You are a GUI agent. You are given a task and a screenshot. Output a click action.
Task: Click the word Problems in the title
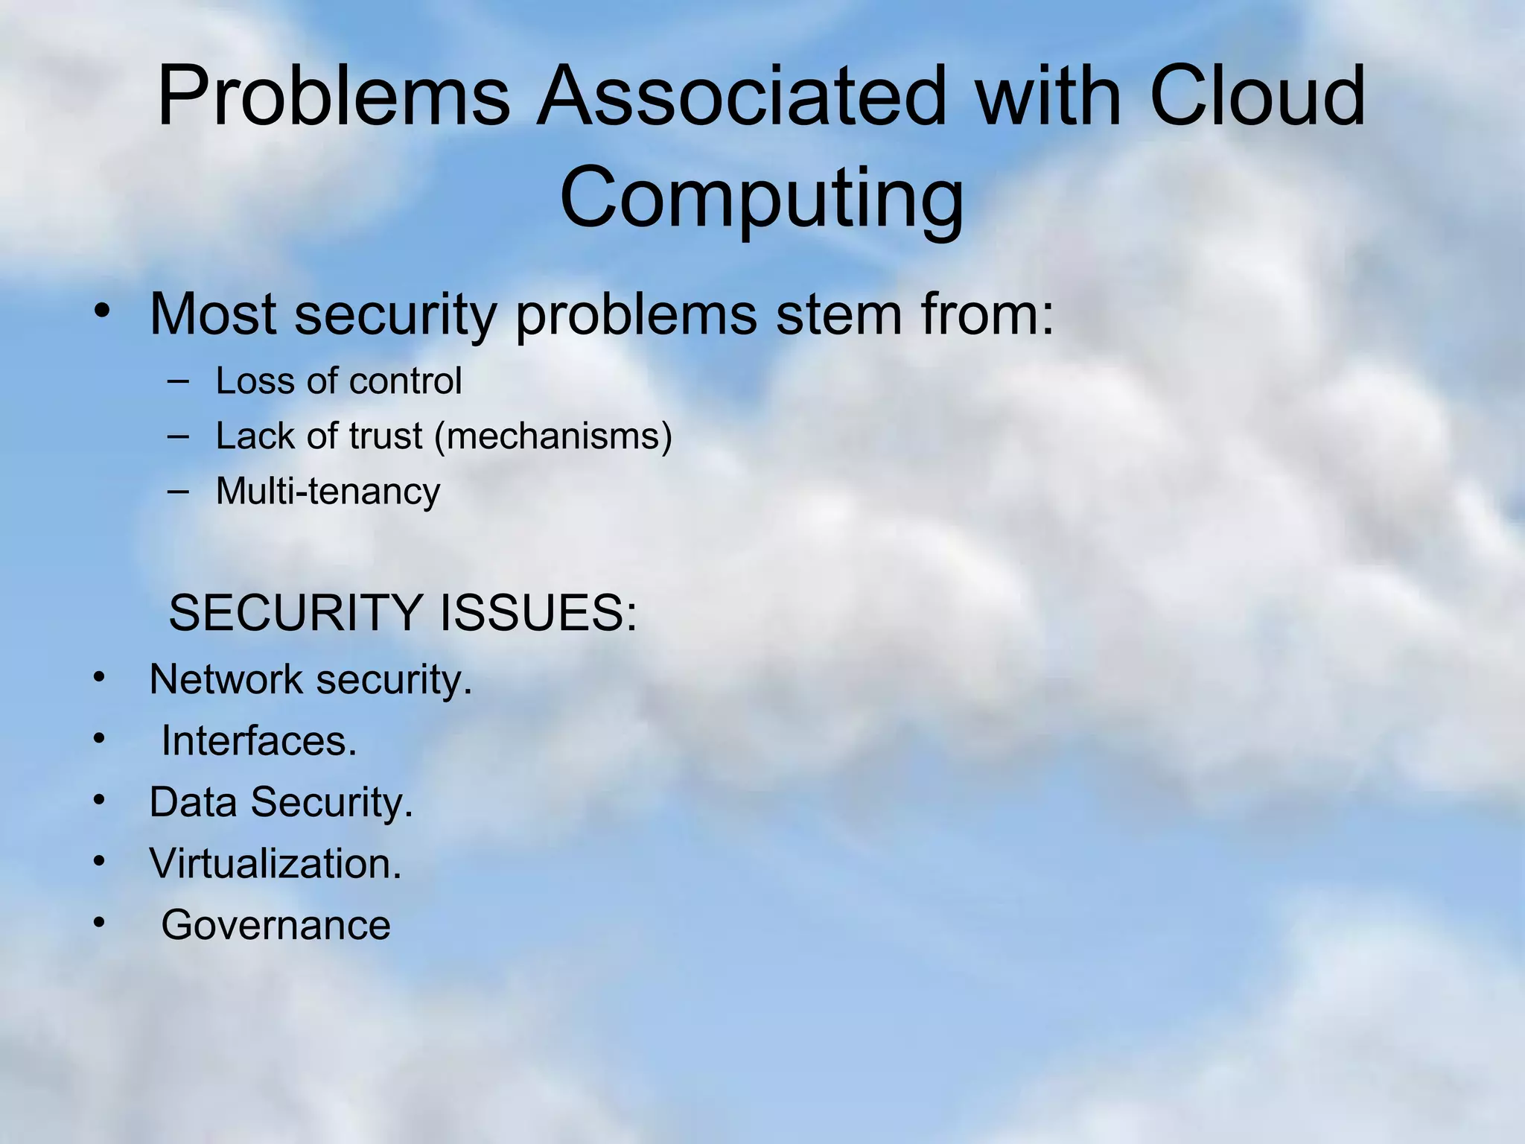coord(334,97)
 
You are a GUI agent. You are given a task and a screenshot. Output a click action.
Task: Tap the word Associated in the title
coord(741,97)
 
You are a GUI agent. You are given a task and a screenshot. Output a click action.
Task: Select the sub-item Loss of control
coord(339,381)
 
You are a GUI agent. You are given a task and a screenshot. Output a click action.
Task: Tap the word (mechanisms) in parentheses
coord(553,436)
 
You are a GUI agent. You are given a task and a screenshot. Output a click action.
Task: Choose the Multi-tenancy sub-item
coord(328,492)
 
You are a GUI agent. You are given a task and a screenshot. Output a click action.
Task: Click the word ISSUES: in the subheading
coord(538,613)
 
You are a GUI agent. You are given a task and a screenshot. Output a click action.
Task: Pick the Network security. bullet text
coord(311,680)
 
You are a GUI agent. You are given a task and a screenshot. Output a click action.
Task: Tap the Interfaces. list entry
coord(259,741)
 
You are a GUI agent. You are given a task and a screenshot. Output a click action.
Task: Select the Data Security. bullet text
coord(281,803)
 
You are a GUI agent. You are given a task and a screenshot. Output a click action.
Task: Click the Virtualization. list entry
coord(276,864)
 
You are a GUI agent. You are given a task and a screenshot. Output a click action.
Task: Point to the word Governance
coord(276,926)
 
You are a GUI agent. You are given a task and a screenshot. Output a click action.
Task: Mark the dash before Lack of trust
coord(179,436)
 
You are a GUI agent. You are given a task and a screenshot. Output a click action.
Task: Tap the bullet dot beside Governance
coord(100,923)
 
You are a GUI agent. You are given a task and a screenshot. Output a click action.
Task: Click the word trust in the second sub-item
coord(386,436)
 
